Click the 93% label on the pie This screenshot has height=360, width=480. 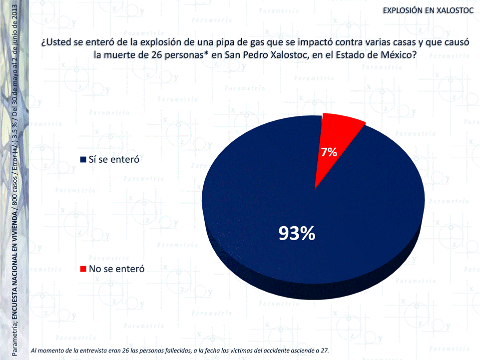point(297,233)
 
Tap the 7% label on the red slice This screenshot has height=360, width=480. point(329,153)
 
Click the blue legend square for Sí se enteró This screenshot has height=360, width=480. point(83,160)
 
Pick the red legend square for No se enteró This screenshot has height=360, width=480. point(83,269)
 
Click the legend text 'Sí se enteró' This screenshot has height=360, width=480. point(113,160)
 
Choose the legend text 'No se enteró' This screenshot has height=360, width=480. point(116,269)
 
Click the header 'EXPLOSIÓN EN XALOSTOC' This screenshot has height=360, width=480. point(428,10)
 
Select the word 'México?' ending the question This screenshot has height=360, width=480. point(398,54)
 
